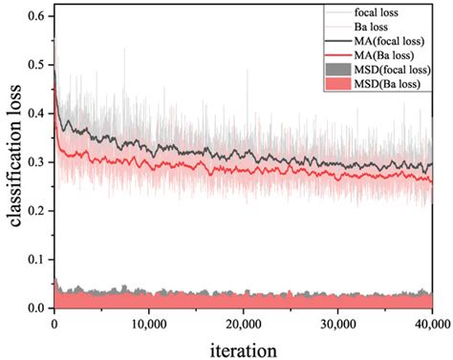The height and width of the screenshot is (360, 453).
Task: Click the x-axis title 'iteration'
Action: coord(245,349)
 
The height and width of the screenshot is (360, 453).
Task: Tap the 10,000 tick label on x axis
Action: coord(148,325)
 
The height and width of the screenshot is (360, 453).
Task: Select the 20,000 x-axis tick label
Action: coord(243,325)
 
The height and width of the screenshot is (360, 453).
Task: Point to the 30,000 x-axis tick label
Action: coord(337,325)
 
